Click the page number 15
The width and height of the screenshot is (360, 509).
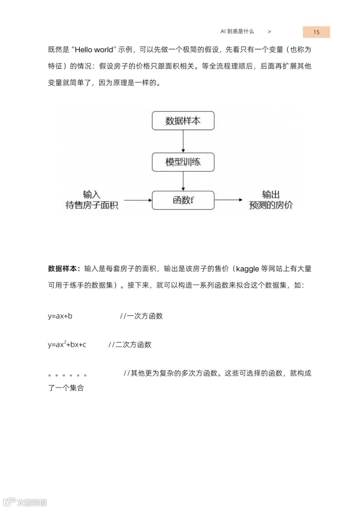click(316, 32)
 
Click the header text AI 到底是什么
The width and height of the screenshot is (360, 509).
click(237, 31)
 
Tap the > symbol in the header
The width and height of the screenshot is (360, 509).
click(269, 32)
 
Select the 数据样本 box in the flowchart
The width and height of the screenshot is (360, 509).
click(183, 121)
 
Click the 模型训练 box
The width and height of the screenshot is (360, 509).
click(183, 162)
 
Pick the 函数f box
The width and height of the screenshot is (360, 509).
click(183, 200)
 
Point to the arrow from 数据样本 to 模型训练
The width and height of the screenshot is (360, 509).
click(183, 141)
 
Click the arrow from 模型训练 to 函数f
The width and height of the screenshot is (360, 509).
click(183, 181)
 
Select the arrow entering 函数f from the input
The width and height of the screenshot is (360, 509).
click(138, 200)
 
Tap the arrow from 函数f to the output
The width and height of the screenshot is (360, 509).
click(228, 200)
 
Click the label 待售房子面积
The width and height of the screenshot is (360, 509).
click(92, 205)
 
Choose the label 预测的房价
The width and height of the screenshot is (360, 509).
click(271, 205)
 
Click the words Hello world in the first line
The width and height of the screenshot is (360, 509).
click(94, 50)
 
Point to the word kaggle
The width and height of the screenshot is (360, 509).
click(247, 269)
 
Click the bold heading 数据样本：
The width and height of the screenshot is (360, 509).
click(64, 269)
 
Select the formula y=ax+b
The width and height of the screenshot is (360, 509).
click(60, 316)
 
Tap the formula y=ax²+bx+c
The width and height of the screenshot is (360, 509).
click(67, 345)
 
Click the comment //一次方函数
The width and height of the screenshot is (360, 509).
click(141, 316)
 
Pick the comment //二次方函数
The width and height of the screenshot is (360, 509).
click(130, 345)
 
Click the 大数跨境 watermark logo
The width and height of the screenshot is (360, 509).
click(25, 502)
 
